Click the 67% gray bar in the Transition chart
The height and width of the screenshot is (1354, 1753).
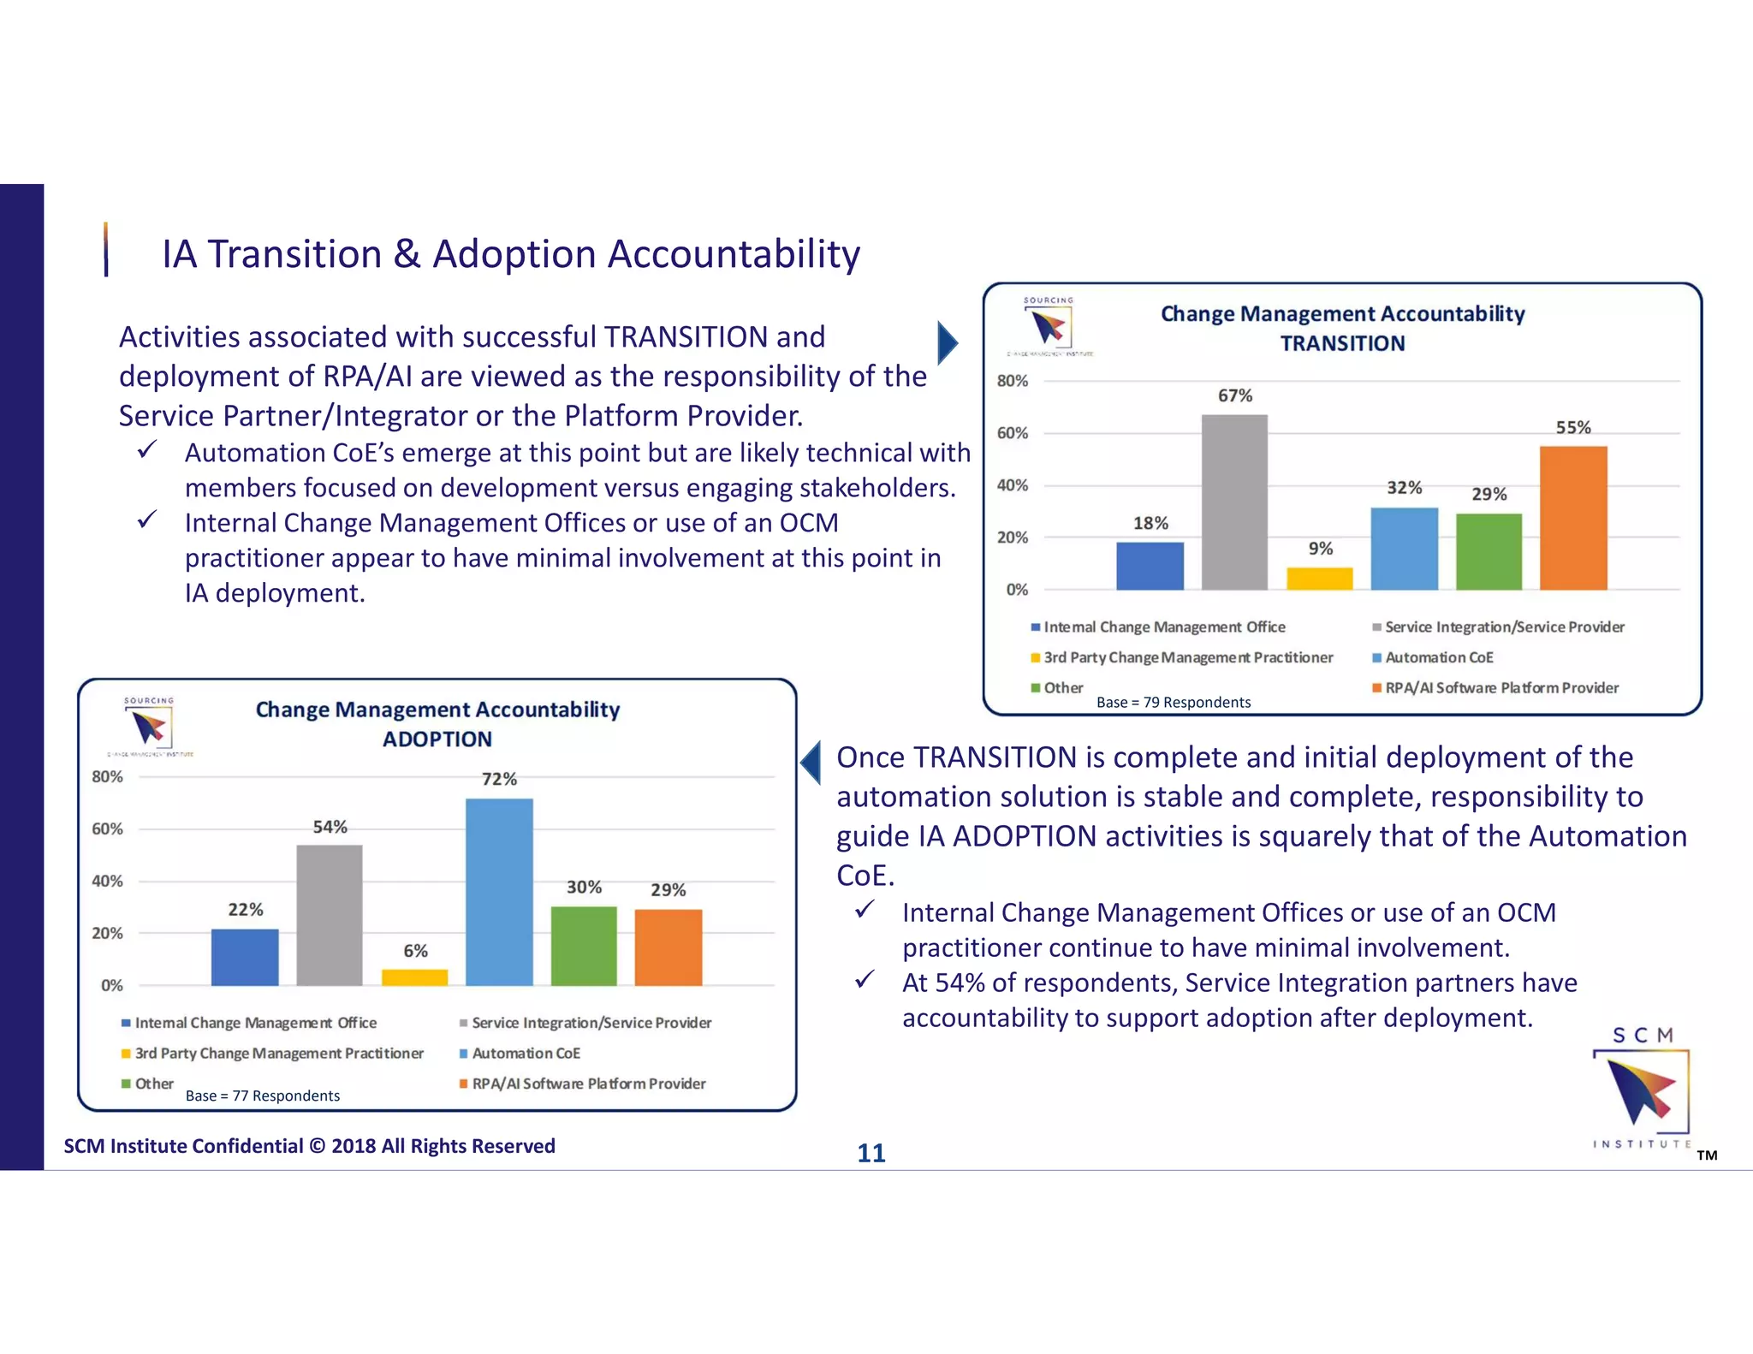1234,502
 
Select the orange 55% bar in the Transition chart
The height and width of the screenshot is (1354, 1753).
1573,518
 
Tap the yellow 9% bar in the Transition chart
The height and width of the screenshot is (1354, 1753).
1320,579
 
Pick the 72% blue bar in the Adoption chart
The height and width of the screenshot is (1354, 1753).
499,892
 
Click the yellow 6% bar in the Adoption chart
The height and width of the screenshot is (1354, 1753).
415,977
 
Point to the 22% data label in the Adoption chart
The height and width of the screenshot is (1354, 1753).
246,910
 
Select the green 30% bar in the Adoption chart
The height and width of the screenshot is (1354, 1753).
584,946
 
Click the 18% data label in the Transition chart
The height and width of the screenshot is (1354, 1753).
1150,523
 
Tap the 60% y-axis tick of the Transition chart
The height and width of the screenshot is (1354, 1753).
1012,433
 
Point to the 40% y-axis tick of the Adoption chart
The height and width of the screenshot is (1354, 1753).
107,881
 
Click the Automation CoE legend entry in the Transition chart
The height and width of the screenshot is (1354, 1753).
1438,657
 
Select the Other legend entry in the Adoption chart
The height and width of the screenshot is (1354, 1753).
153,1084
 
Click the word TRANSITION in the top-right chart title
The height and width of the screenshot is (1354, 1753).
1342,343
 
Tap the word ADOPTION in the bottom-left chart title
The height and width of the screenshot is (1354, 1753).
437,739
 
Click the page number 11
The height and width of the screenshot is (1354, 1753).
871,1153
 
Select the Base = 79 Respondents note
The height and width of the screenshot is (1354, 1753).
1173,703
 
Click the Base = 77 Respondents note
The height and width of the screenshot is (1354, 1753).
262,1096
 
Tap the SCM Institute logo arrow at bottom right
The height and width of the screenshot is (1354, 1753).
1641,1090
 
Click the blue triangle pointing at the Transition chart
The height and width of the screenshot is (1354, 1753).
947,343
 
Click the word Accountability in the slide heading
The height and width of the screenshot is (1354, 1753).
734,254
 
